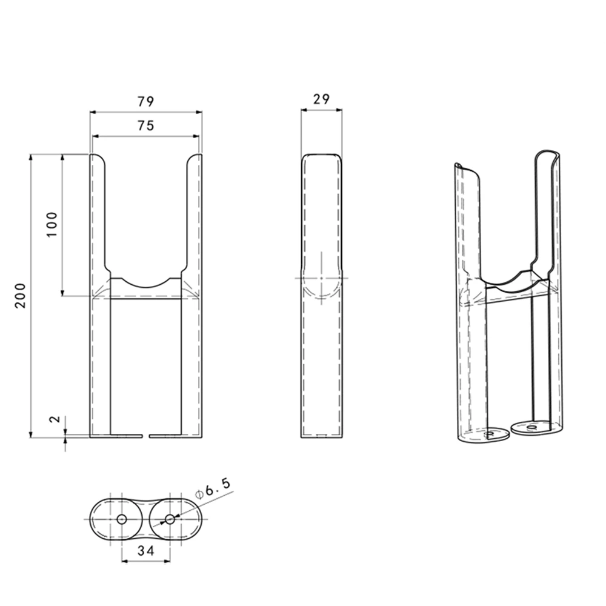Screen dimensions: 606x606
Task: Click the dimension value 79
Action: [145, 101]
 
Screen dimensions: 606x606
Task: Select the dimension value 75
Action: [145, 125]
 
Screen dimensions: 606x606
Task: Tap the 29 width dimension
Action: [321, 99]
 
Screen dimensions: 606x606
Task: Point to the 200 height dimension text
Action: [21, 295]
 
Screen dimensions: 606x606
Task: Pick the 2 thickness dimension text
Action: [54, 419]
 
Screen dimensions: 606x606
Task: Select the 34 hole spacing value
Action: [145, 551]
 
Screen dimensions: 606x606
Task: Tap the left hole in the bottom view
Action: [121, 519]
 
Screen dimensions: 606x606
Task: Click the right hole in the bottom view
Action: [169, 519]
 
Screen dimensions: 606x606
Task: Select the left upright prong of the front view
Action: [98, 212]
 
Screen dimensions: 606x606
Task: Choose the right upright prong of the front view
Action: [193, 212]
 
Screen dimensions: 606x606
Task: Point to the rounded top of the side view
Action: [321, 156]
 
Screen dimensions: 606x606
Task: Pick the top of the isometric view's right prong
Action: [548, 153]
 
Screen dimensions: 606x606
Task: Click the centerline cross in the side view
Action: [321, 278]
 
